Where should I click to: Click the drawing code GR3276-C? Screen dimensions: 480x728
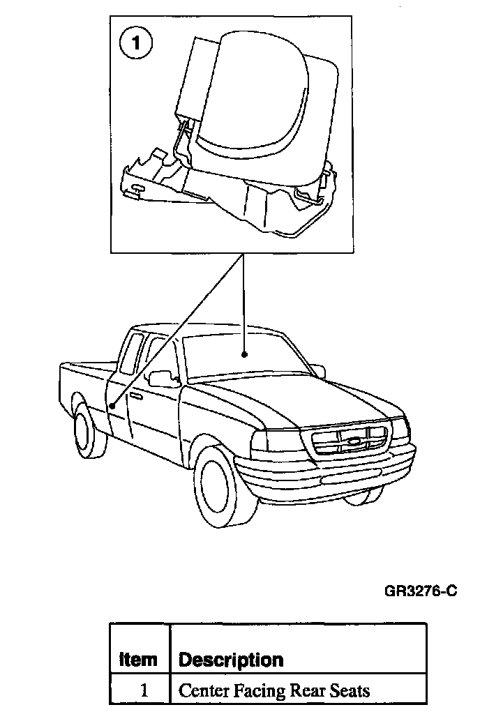point(421,592)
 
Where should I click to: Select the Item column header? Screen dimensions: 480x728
point(139,659)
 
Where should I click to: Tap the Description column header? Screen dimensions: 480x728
point(231,659)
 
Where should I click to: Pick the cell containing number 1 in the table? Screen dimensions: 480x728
point(144,691)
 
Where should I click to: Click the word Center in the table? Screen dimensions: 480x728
point(204,691)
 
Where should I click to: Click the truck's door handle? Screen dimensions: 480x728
point(135,396)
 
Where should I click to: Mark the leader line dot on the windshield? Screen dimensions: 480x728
point(244,354)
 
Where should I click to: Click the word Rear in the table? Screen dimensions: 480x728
point(309,691)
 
